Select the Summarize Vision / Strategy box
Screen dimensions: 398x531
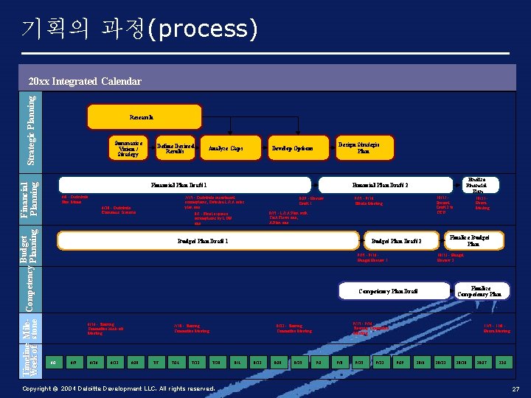(128, 147)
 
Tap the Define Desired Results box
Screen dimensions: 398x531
(176, 147)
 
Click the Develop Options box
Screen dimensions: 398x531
(292, 147)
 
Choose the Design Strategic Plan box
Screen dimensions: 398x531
(364, 147)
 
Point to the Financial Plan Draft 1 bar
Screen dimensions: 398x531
(184, 184)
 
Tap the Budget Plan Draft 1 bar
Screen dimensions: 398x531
(203, 240)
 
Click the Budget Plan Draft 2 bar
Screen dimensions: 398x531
(396, 240)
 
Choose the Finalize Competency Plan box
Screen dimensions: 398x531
(481, 290)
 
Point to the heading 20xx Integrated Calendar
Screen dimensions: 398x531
(85, 81)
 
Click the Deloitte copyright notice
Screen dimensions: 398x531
(118, 388)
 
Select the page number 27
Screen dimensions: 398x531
(516, 388)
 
